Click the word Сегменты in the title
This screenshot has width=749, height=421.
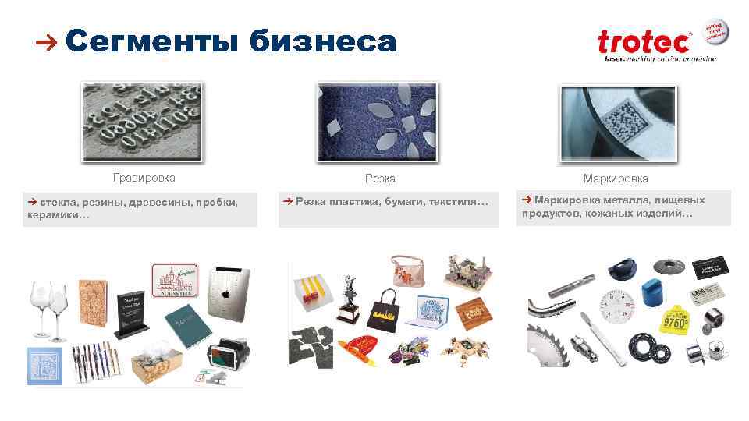coord(152,41)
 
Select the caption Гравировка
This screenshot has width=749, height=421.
coord(144,179)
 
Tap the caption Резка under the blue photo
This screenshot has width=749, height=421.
coord(380,179)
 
